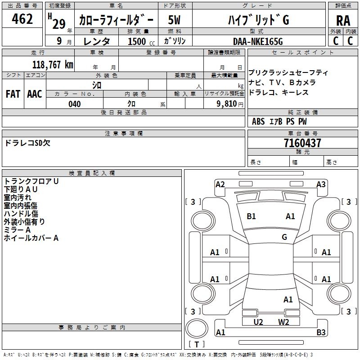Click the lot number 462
pyautogui.click(x=22, y=19)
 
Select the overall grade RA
pyautogui.click(x=343, y=21)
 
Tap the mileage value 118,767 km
pyautogui.click(x=53, y=64)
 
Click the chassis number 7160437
pyautogui.click(x=302, y=143)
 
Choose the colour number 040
pyautogui.click(x=75, y=104)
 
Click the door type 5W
pyautogui.click(x=175, y=20)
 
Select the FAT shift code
pyautogui.click(x=13, y=94)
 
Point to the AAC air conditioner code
pyautogui.click(x=35, y=94)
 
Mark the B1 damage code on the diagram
pyautogui.click(x=251, y=216)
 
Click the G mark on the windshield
pyautogui.click(x=284, y=237)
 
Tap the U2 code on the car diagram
pyautogui.click(x=258, y=322)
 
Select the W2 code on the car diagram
pyautogui.click(x=283, y=322)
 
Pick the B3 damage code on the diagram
pyautogui.click(x=321, y=333)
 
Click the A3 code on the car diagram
pyautogui.click(x=321, y=184)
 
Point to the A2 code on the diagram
pyautogui.click(x=220, y=184)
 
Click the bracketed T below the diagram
pyautogui.click(x=197, y=345)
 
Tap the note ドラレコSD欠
pyautogui.click(x=27, y=144)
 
